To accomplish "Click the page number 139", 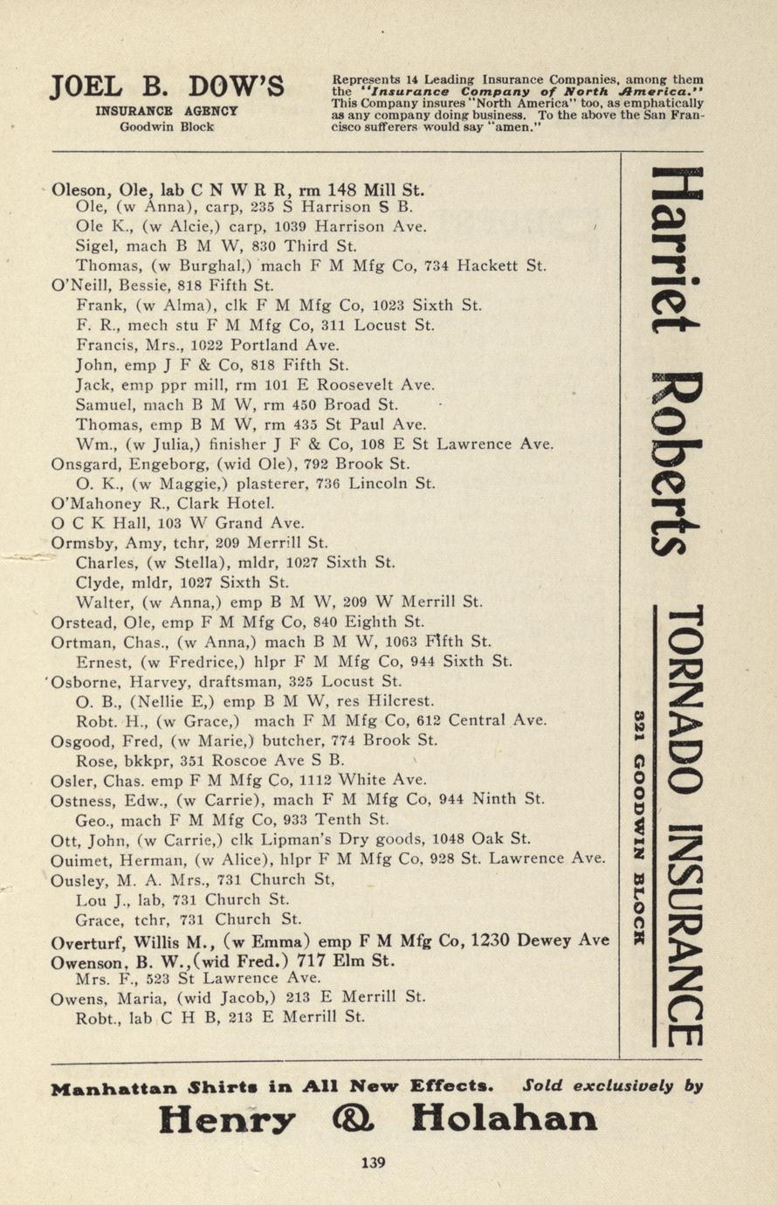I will click(373, 1162).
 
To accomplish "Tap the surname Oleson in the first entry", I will click(81, 189).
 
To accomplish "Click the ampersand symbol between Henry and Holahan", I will click(354, 1118).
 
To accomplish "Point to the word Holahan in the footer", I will click(505, 1118).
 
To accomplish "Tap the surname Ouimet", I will click(79, 858).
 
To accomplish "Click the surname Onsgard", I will click(83, 464).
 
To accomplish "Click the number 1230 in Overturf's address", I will click(490, 940).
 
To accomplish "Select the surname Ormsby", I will click(79, 542).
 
